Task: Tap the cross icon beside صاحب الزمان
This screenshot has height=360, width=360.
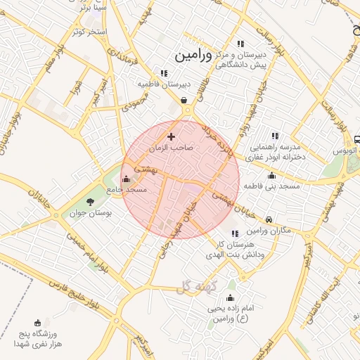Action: click(x=171, y=136)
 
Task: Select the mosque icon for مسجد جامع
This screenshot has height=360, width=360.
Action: click(x=126, y=179)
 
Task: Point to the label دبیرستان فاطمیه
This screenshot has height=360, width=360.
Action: click(x=164, y=84)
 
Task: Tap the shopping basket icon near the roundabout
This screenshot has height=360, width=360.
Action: click(x=184, y=100)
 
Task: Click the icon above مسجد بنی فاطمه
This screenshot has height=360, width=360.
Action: click(x=271, y=175)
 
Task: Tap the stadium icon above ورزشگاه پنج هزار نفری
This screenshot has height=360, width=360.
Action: click(x=37, y=323)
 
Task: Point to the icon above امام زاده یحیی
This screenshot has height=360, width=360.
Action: click(x=230, y=298)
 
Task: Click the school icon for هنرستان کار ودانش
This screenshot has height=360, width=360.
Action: click(x=234, y=233)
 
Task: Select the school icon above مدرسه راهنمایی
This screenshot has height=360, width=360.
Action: click(x=275, y=136)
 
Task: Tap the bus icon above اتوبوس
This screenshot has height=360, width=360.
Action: click(x=356, y=139)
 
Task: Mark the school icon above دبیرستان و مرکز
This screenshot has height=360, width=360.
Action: click(x=241, y=44)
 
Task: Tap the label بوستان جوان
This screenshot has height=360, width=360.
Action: click(x=87, y=212)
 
